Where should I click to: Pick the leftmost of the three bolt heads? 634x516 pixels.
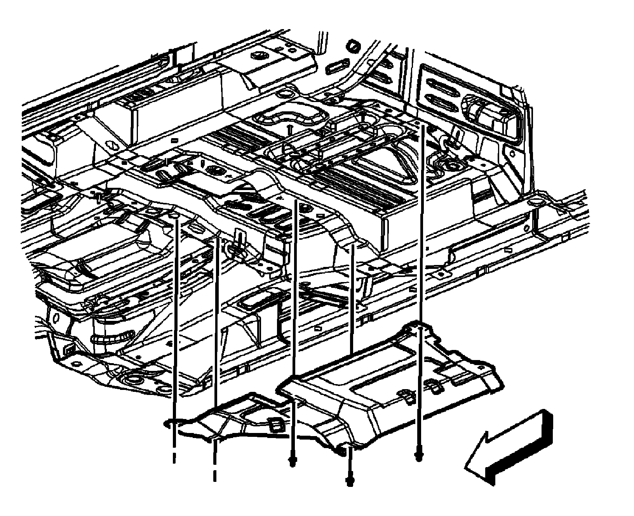pos(292,461)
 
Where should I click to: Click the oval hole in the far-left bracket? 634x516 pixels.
pos(56,319)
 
